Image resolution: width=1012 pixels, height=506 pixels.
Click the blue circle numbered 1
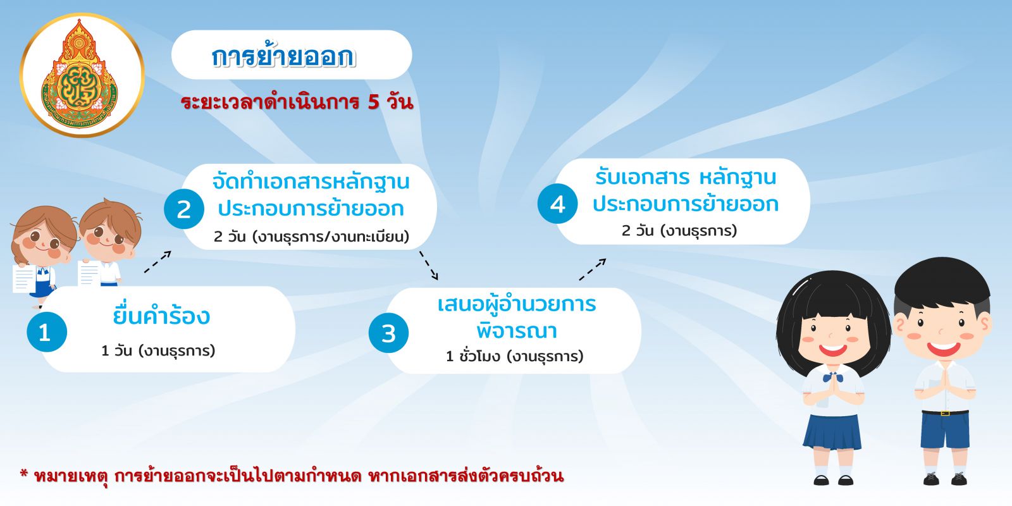(x=47, y=332)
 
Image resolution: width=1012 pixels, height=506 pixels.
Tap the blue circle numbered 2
(x=184, y=209)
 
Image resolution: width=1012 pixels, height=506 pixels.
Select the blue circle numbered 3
(x=388, y=333)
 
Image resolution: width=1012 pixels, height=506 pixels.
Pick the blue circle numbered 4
(x=557, y=204)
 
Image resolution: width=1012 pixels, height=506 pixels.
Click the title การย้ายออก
(x=284, y=56)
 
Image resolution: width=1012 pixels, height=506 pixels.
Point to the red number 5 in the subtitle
(x=373, y=102)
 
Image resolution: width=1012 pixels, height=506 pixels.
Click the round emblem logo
(x=82, y=75)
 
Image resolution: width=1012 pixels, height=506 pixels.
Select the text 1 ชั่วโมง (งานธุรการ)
(x=515, y=357)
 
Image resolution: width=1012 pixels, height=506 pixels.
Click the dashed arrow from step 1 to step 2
(x=157, y=262)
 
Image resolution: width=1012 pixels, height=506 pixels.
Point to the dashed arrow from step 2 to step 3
(x=429, y=266)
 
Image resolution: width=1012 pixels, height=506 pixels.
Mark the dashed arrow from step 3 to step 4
(x=592, y=269)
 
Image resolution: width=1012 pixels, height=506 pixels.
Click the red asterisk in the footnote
(x=24, y=474)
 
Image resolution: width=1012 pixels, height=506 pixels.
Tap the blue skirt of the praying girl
(x=832, y=432)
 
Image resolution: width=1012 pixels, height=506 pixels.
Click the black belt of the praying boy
(x=945, y=412)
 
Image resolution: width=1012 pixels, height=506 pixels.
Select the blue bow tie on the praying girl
(x=832, y=377)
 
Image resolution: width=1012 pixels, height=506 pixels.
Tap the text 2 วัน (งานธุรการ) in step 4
(x=679, y=231)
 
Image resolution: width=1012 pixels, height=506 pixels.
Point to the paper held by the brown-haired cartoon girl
(x=24, y=278)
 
